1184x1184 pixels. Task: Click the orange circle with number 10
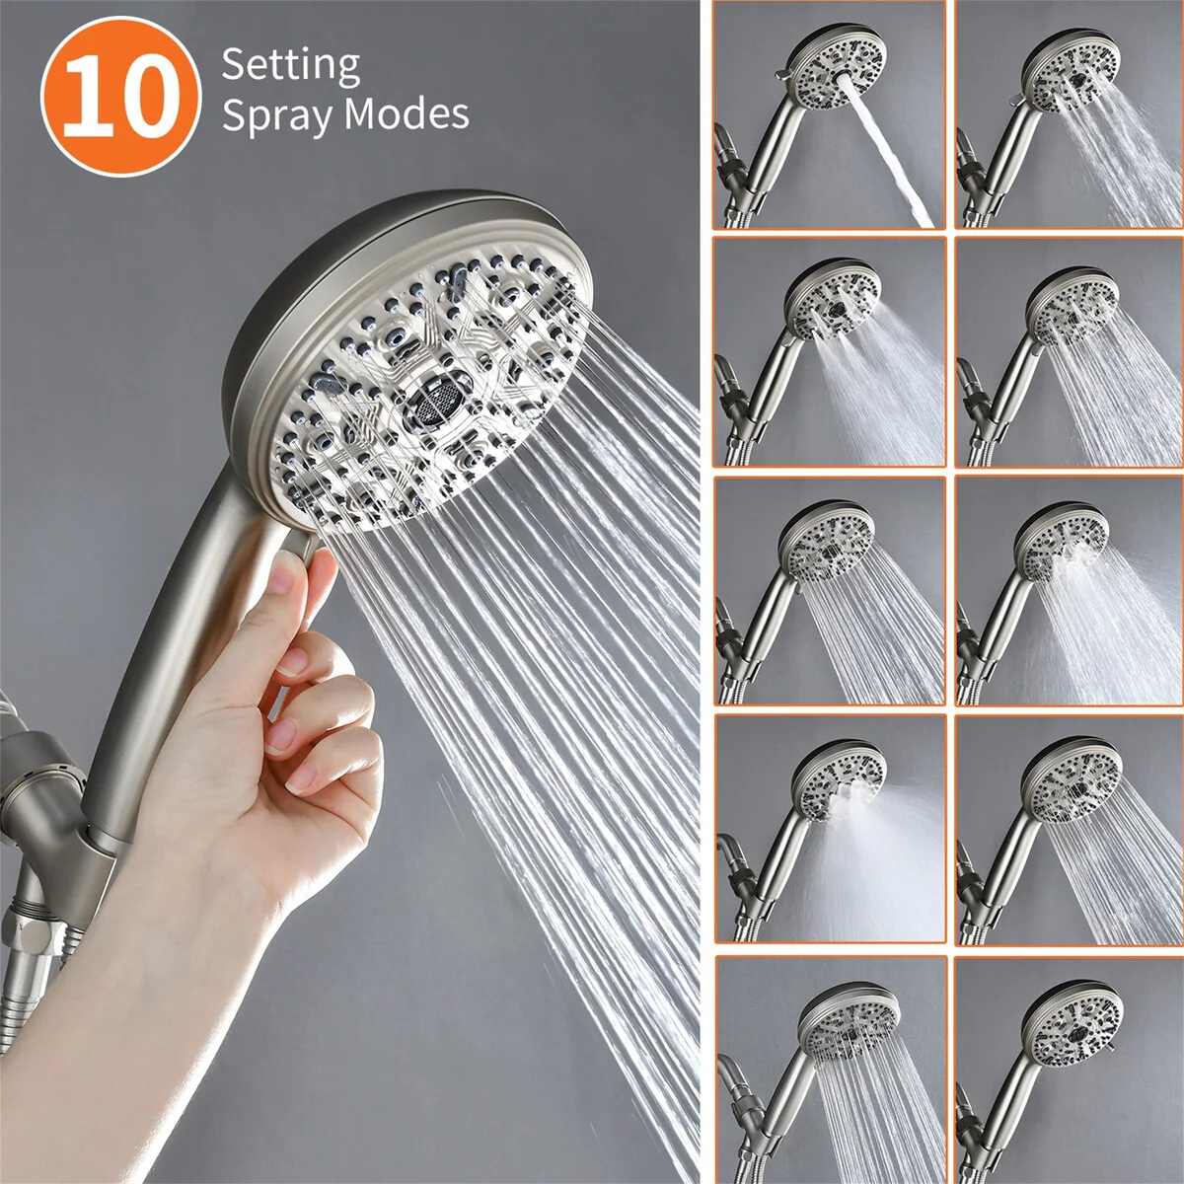pos(121,97)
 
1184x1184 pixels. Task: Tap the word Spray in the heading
pos(274,115)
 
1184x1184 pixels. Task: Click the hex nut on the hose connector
pos(31,927)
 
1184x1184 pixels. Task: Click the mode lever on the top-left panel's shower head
pos(782,74)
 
